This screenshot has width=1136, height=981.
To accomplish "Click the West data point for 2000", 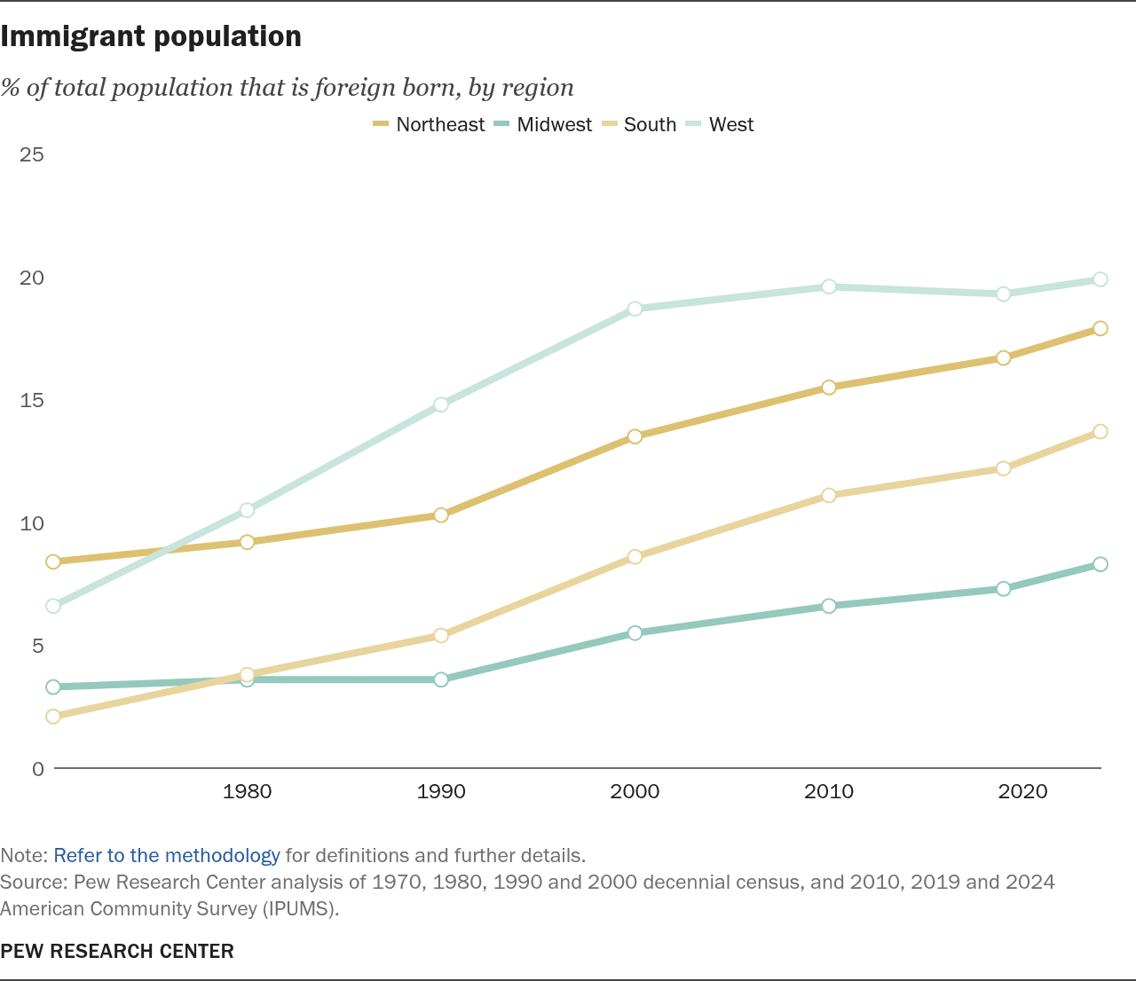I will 635,309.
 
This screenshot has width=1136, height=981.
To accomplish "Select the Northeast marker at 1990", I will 441,515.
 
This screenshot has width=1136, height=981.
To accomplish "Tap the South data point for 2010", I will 829,495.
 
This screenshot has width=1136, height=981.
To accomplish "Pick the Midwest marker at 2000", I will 635,633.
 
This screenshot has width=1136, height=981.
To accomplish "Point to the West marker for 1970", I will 53,606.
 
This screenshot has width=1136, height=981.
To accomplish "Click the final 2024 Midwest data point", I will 1100,564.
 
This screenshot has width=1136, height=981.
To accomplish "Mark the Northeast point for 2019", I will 1003,358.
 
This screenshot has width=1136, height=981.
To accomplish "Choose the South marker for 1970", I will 53,717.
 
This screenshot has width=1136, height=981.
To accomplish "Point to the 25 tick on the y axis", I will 32,155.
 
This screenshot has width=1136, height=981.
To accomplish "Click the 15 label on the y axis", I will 32,401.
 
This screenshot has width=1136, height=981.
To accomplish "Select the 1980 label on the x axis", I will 248,791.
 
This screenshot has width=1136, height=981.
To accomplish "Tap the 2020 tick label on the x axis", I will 1023,791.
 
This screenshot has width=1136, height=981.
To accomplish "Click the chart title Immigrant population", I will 151,36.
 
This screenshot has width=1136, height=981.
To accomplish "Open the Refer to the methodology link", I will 167,856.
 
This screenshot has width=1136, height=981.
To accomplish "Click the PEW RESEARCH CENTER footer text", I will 117,952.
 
